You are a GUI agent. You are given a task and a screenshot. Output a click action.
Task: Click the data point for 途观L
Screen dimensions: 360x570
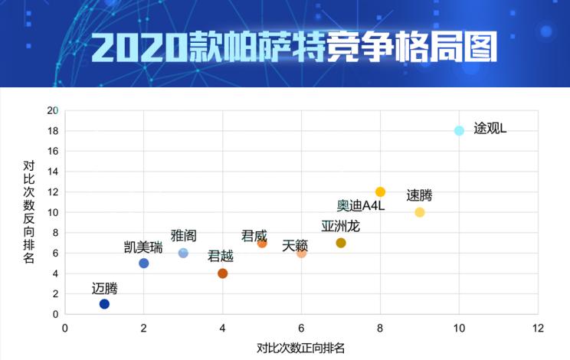point(459,130)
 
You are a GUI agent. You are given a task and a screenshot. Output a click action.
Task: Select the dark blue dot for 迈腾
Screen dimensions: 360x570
point(104,304)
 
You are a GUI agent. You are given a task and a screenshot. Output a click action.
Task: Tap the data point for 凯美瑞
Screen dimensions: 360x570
point(144,263)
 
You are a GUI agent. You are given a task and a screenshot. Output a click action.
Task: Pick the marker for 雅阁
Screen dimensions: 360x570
point(183,253)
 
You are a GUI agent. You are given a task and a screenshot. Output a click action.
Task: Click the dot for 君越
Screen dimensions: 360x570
point(223,273)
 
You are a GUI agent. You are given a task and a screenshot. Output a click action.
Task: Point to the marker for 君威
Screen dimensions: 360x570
point(262,243)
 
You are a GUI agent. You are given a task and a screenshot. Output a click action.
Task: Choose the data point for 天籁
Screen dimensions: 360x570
point(302,253)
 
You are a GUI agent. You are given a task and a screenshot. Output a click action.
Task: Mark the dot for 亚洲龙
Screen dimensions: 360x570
point(341,243)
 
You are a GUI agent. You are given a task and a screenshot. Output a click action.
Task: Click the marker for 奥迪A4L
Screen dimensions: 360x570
point(380,191)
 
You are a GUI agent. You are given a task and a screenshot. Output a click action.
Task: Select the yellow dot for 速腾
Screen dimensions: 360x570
point(420,212)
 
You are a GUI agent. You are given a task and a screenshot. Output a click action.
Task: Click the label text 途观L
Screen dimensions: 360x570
point(490,128)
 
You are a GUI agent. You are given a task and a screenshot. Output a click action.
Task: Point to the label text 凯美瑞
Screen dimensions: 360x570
point(144,247)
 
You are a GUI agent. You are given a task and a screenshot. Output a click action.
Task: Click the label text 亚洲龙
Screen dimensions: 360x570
point(340,226)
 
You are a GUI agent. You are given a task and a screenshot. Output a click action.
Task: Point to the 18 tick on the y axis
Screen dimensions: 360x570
point(53,130)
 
